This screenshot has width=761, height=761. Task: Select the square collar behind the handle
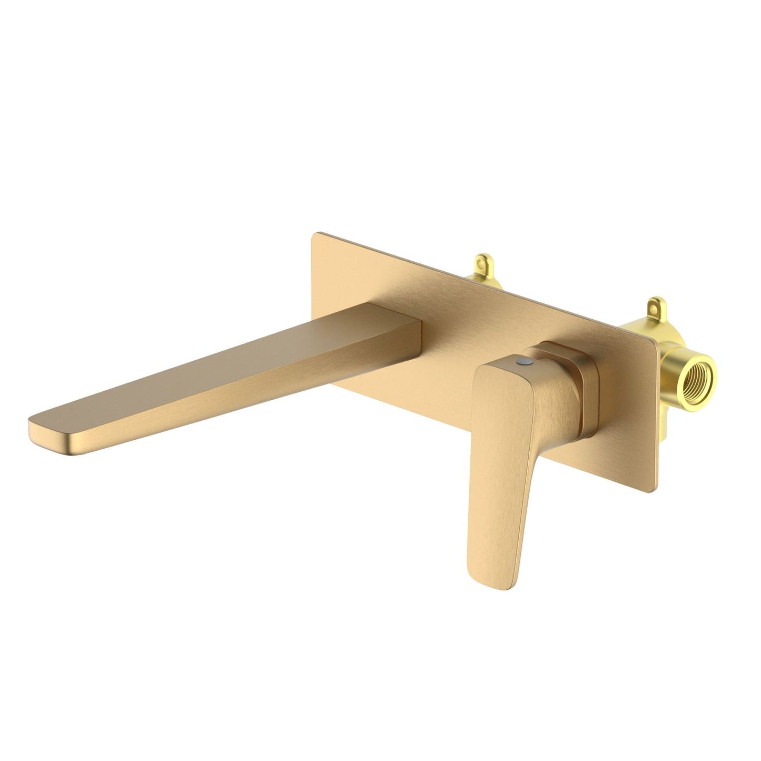587,387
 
